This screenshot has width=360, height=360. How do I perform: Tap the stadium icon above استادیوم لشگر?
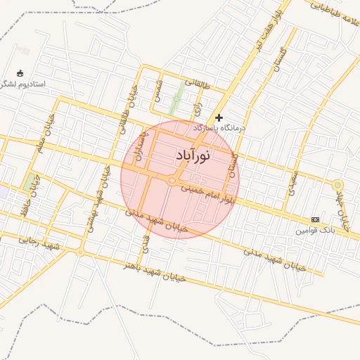tap(20, 73)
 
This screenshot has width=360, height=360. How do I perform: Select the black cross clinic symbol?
tap(219, 117)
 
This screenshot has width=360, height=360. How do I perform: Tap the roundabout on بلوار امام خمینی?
tap(172, 181)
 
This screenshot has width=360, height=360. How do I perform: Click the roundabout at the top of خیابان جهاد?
tap(338, 185)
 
